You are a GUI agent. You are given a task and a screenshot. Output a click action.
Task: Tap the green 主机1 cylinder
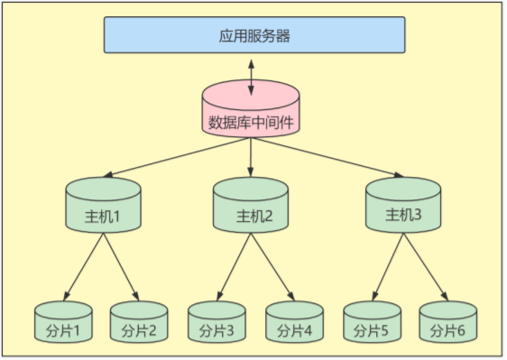point(103,209)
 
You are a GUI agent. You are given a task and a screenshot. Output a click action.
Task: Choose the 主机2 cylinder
point(251,209)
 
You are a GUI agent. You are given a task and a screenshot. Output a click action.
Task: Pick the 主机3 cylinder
point(402,208)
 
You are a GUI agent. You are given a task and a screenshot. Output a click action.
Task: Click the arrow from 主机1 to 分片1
point(83,267)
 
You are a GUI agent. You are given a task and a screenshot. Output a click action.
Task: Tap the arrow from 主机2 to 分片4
point(272,267)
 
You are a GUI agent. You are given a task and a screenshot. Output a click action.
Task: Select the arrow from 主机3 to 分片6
point(426,267)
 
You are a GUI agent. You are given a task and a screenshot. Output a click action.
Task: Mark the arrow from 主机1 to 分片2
point(121,267)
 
